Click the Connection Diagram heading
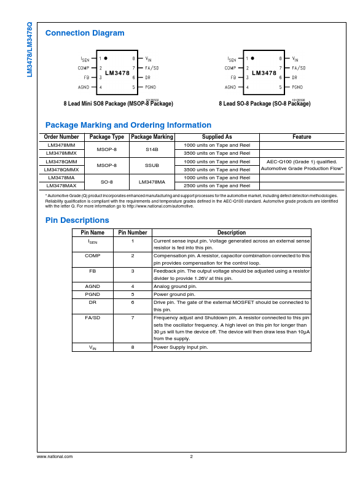(85, 33)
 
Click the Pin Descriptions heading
(77, 220)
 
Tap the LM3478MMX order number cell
(61, 153)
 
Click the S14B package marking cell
(152, 149)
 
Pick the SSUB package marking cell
(152, 165)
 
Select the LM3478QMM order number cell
(61, 161)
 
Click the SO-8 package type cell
(107, 182)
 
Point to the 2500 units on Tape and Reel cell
(217, 185)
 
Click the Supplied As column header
(217, 137)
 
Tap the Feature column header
(302, 137)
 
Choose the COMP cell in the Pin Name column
(93, 255)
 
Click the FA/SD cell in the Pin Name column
(93, 318)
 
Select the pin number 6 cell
(132, 302)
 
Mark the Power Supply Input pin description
(181, 347)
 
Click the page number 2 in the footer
(191, 456)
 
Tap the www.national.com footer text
(55, 456)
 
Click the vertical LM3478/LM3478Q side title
(29, 49)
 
